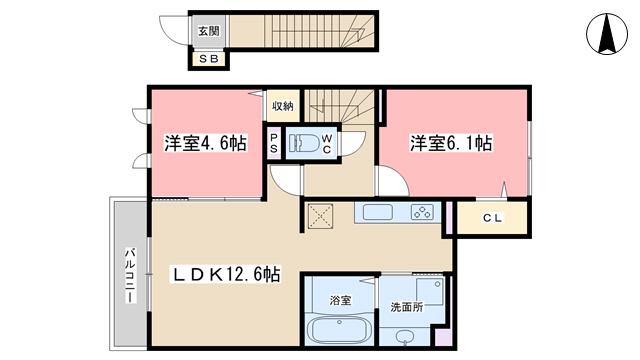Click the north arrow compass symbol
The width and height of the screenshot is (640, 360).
tap(607, 34)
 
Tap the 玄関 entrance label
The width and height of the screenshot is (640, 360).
tap(209, 31)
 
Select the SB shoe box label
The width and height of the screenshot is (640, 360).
tap(209, 59)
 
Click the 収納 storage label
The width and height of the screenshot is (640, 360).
tap(282, 107)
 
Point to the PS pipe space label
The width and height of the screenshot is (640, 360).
tap(273, 143)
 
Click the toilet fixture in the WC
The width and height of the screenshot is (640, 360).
tap(304, 143)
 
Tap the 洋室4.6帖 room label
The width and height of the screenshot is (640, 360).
tap(205, 143)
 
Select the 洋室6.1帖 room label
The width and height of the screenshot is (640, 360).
tap(451, 143)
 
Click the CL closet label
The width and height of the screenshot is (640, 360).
tap(492, 218)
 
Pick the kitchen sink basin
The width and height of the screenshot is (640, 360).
tap(378, 212)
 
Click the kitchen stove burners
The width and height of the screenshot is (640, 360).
tap(422, 212)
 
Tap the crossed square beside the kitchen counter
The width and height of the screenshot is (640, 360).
tap(320, 216)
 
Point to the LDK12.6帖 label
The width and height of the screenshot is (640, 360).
tap(225, 274)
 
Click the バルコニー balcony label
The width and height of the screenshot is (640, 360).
tap(130, 275)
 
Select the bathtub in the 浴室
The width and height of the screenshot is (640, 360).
tap(339, 329)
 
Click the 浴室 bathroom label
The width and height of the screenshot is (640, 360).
tap(340, 300)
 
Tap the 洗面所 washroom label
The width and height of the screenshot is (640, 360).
tap(407, 307)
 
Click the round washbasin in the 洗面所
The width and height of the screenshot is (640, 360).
tap(405, 337)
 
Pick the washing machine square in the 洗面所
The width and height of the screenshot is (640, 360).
tap(430, 291)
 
